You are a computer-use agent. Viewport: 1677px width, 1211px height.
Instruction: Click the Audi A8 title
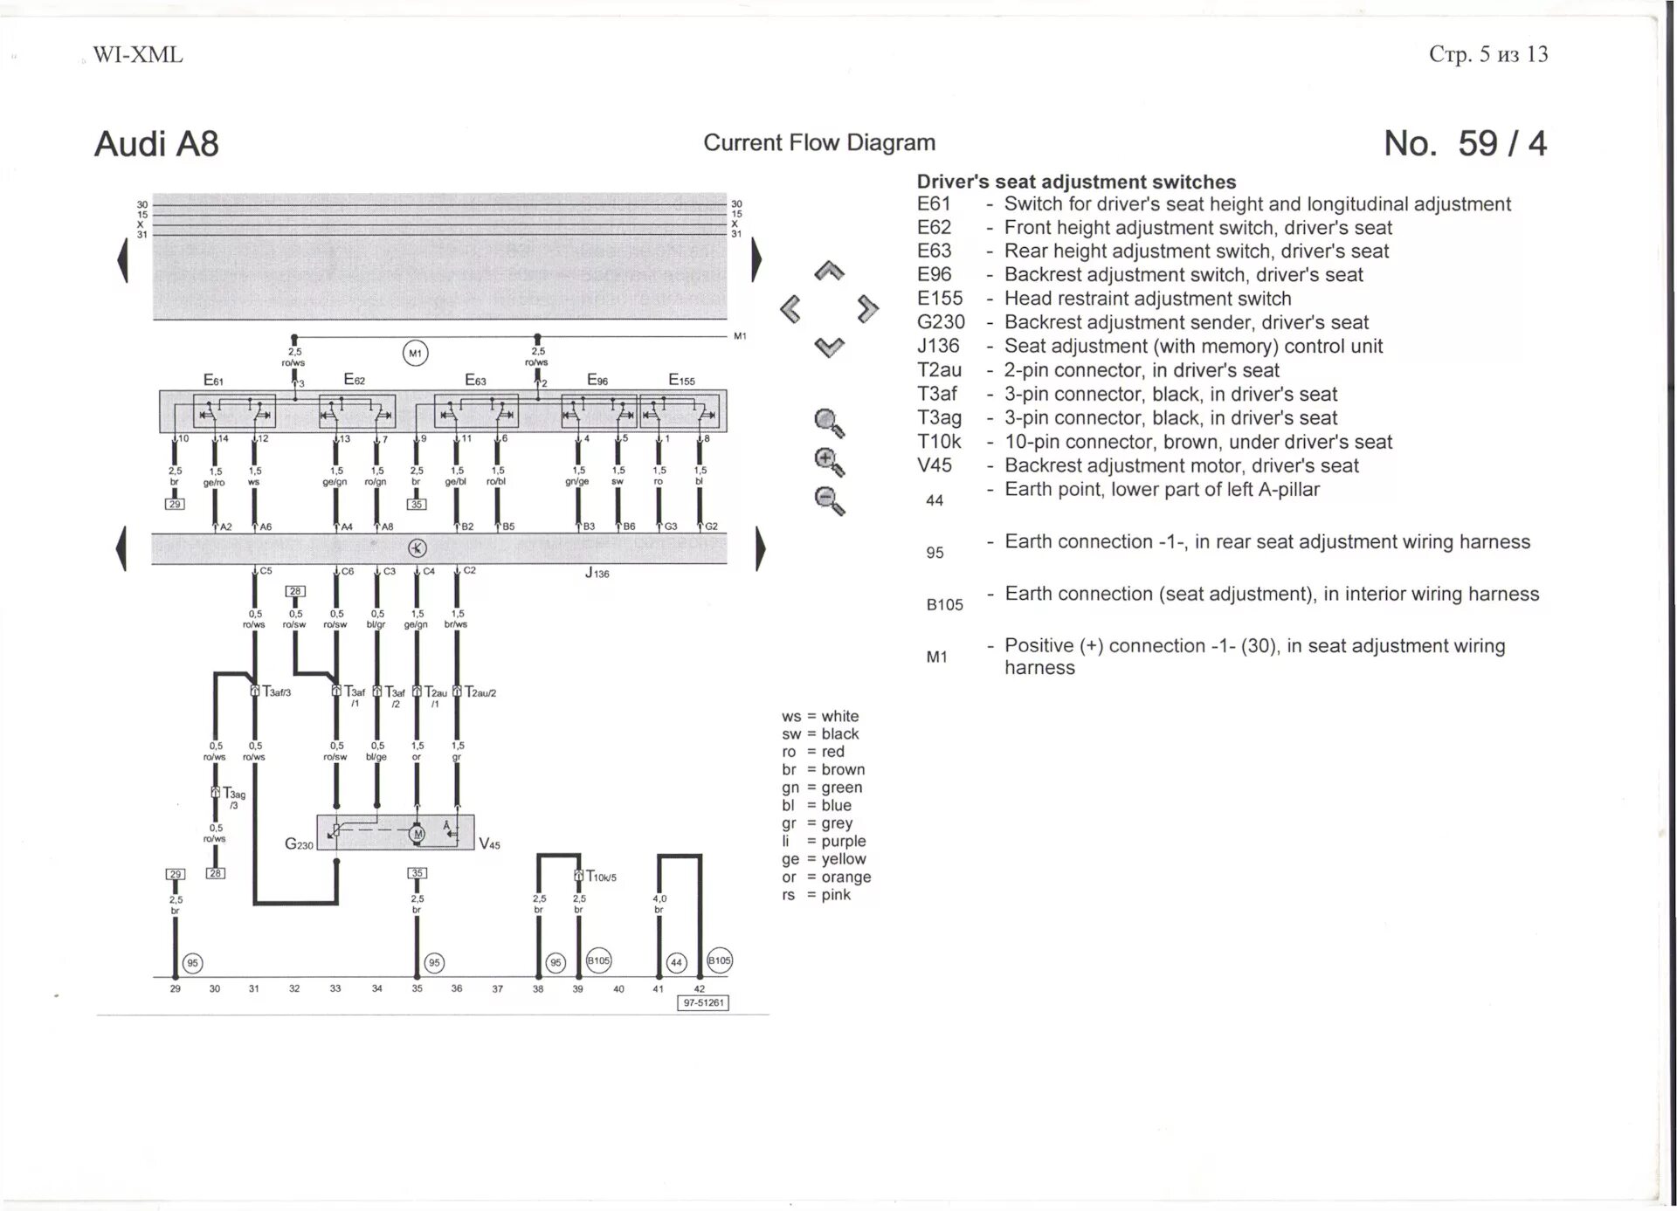[x=156, y=144]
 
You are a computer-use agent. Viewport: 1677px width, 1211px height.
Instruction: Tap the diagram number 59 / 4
[x=1465, y=144]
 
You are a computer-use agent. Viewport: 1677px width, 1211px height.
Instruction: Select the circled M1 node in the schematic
[x=415, y=354]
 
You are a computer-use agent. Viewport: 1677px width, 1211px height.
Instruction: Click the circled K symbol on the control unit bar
[x=418, y=548]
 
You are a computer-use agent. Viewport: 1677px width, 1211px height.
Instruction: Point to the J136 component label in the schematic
[x=597, y=574]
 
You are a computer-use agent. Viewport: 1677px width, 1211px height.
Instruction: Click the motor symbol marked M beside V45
[x=418, y=835]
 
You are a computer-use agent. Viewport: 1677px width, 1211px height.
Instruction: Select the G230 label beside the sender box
[x=299, y=844]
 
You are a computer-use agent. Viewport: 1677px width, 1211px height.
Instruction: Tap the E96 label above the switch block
[x=597, y=380]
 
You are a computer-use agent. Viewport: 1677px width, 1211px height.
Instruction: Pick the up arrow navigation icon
[x=829, y=272]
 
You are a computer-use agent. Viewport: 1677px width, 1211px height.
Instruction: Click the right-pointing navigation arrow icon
[x=867, y=308]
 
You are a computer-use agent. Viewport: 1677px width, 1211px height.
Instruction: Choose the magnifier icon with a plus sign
[x=828, y=462]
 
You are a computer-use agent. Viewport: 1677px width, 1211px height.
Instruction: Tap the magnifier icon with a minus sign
[x=828, y=501]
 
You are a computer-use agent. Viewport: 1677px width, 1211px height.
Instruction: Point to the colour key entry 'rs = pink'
[x=816, y=895]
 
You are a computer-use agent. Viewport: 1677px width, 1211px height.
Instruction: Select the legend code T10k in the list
[x=939, y=443]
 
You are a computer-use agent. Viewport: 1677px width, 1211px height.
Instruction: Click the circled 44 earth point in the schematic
[x=676, y=963]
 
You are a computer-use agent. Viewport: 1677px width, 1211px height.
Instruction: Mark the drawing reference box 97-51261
[x=703, y=1003]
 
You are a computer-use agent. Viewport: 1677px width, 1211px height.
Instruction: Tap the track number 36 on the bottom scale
[x=457, y=989]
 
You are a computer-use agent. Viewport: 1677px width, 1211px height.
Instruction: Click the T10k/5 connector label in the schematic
[x=601, y=877]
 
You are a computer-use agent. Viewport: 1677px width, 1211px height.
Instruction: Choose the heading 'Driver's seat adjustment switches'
[x=1076, y=182]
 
